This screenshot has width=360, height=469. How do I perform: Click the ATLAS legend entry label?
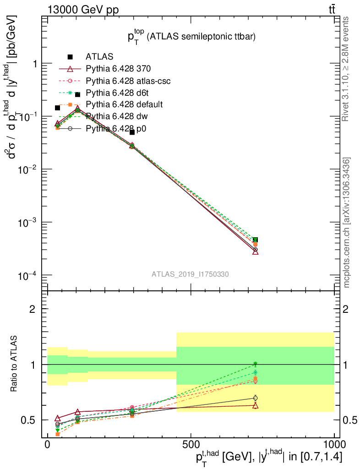99,57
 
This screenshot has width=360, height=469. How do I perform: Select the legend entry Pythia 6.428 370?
118,69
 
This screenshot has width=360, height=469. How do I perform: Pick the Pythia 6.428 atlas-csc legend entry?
128,81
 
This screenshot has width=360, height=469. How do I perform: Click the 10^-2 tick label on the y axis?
26,169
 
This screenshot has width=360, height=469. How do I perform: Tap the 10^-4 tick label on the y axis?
26,275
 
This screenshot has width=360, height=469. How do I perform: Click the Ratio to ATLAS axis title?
15,364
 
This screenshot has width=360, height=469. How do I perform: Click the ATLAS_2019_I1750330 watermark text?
190,274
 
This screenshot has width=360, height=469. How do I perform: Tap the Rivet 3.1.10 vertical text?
346,69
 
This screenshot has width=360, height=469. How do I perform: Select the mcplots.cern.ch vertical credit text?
346,222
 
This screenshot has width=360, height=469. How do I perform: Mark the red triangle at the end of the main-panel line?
255,251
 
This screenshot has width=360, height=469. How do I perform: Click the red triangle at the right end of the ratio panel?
255,405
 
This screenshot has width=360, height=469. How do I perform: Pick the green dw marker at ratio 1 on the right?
255,365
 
